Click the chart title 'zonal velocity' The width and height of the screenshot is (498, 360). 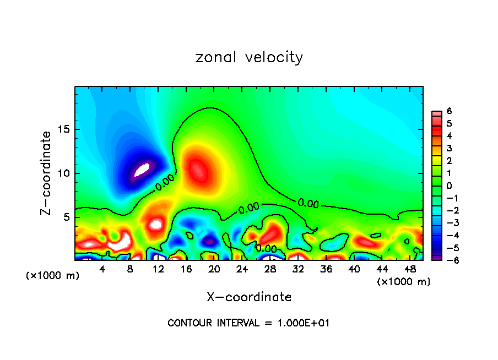[x=249, y=57]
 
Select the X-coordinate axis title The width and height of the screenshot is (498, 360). [x=249, y=297]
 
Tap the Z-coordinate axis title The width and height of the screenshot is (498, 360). [x=47, y=173]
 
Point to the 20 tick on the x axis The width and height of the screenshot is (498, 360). [x=214, y=269]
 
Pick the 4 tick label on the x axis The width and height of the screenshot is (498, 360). [x=102, y=269]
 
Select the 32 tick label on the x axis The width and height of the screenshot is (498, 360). [x=297, y=269]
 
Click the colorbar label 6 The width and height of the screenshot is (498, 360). [x=449, y=111]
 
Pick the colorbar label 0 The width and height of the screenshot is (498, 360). [x=449, y=186]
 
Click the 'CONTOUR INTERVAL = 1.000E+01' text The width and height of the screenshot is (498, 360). [x=248, y=323]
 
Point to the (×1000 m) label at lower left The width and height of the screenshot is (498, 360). [x=53, y=276]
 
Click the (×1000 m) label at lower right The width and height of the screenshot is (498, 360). [x=404, y=282]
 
